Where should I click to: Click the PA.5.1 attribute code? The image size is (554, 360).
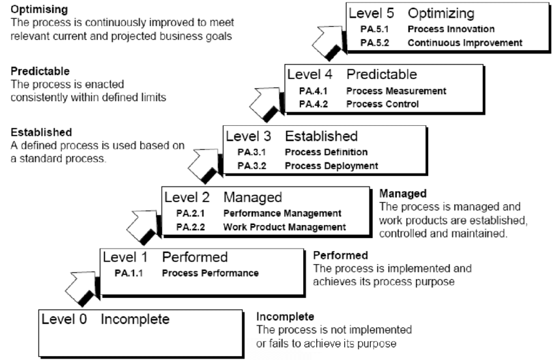point(373,29)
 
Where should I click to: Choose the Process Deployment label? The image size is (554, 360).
point(331,166)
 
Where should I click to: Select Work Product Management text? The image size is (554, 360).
point(284,227)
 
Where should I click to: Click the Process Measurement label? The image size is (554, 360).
point(396,91)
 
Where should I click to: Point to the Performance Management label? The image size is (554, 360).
point(282,213)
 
